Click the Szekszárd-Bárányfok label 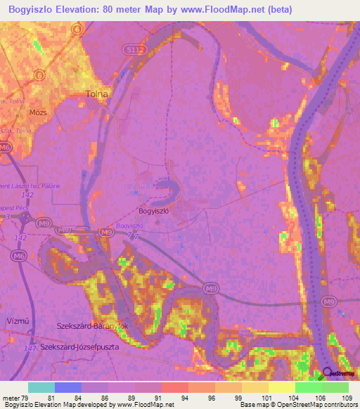coord(91,326)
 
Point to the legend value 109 coord(347,398)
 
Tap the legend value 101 coord(267,398)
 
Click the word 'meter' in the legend coord(11,398)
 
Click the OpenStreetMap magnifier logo coord(326,373)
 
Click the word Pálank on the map coord(44,186)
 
